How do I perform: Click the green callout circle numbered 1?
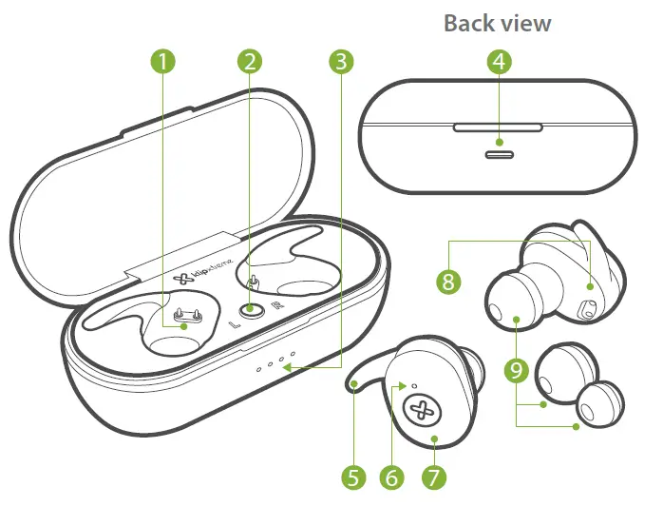click(165, 63)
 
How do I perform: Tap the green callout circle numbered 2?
click(250, 63)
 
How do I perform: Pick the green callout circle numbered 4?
click(500, 63)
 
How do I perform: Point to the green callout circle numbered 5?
click(354, 477)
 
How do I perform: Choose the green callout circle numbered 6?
click(392, 477)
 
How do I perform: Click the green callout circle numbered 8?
click(448, 282)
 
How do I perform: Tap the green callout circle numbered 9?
click(517, 371)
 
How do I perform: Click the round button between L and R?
click(251, 309)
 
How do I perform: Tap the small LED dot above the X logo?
click(415, 385)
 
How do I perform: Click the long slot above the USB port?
click(499, 126)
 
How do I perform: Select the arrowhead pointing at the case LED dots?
click(302, 365)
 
